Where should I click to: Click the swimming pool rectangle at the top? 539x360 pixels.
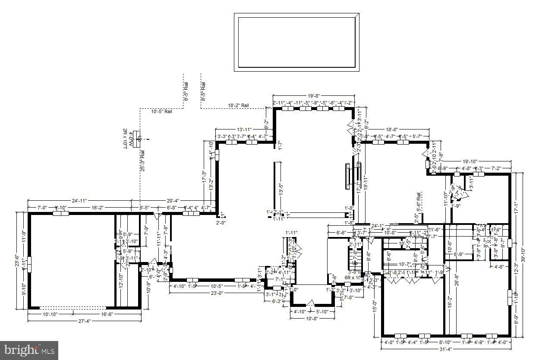pyautogui.click(x=296, y=42)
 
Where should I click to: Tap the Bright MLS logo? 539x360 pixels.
pyautogui.click(x=29, y=350)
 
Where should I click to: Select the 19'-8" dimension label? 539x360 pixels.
pyautogui.click(x=313, y=96)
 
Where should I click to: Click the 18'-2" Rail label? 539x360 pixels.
pyautogui.click(x=238, y=105)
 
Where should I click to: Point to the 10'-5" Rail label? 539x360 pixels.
pyautogui.click(x=162, y=111)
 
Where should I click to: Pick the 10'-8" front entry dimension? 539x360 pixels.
pyautogui.click(x=312, y=319)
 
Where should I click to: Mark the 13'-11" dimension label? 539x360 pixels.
pyautogui.click(x=244, y=129)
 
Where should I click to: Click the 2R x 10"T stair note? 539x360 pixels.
pyautogui.click(x=125, y=139)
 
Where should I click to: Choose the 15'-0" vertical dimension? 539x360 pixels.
pyautogui.click(x=375, y=306)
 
